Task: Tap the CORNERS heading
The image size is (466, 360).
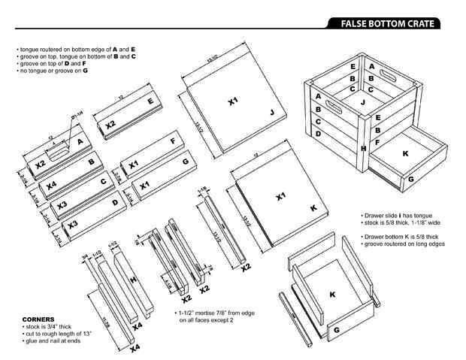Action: (38, 318)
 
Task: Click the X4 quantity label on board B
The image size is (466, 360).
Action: (52, 185)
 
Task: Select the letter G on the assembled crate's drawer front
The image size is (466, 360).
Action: (410, 179)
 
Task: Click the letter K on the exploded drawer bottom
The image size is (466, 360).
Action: (331, 295)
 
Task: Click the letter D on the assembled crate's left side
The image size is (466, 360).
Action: (319, 133)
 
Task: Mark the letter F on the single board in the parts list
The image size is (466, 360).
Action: (173, 141)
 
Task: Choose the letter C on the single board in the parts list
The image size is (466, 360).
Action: (103, 181)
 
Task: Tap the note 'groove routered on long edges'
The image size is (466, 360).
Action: (401, 244)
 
